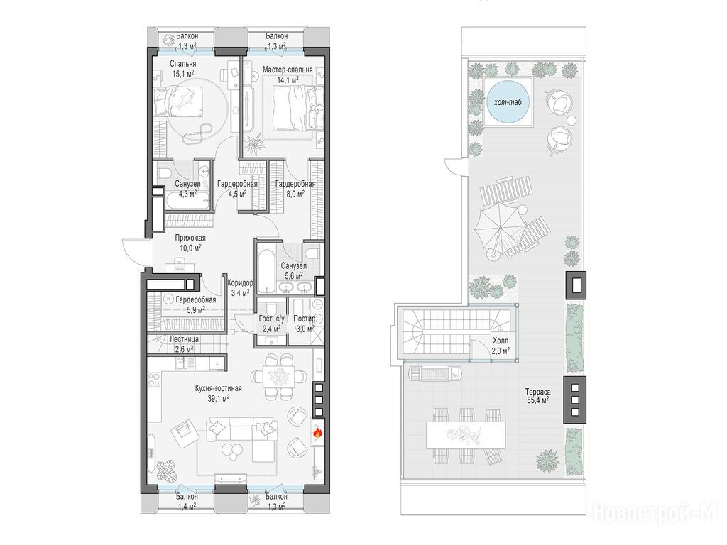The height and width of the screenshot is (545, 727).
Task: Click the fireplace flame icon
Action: (317, 432)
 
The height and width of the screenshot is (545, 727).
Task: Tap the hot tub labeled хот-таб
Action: (508, 101)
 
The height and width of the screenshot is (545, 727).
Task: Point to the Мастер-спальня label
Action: (288, 70)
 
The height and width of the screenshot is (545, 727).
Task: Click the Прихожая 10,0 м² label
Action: (190, 243)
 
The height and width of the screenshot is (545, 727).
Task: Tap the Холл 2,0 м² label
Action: (501, 346)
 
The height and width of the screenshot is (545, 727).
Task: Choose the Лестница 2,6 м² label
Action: (184, 344)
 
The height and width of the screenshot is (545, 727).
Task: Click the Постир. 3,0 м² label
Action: (305, 323)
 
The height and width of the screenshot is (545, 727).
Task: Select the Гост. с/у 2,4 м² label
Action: (271, 324)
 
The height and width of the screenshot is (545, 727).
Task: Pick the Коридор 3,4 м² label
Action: (240, 287)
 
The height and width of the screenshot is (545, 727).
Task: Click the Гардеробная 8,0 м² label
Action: (295, 189)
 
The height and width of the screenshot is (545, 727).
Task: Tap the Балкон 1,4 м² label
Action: (187, 501)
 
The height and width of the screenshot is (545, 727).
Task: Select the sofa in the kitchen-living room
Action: (243, 437)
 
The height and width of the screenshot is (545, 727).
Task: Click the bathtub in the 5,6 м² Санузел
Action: (267, 271)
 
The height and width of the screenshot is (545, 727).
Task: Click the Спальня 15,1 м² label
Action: (182, 68)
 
